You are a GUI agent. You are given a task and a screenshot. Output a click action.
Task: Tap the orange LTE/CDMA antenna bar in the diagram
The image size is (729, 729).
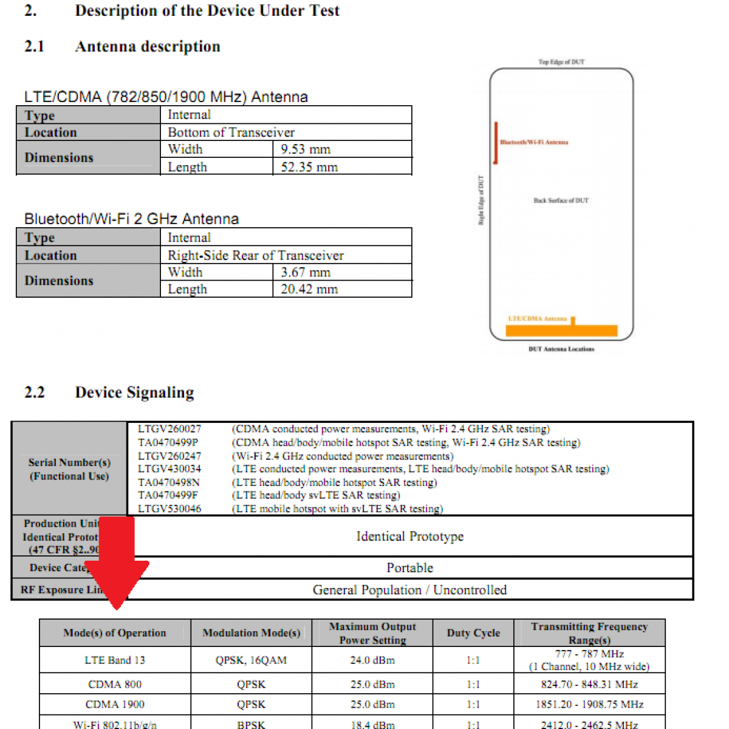click(561, 330)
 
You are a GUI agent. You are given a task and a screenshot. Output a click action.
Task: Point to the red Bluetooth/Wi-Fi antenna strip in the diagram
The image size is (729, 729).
click(496, 143)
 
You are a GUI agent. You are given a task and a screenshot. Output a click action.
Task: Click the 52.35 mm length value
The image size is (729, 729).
click(309, 167)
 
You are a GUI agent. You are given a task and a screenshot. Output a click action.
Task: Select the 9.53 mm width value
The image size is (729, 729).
click(306, 149)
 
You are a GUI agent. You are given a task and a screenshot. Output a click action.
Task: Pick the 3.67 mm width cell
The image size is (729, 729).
click(306, 272)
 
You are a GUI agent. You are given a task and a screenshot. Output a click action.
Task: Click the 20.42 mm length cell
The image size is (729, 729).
click(309, 289)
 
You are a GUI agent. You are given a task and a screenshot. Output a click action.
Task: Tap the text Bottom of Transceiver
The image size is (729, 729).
click(231, 132)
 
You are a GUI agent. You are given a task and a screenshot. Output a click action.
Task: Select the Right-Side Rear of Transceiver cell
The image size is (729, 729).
click(255, 255)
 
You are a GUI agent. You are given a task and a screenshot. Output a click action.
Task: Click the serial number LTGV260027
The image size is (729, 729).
click(169, 429)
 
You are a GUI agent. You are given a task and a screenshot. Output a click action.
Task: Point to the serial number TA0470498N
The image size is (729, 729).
click(169, 482)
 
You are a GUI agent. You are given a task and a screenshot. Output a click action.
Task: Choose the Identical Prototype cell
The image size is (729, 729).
click(410, 536)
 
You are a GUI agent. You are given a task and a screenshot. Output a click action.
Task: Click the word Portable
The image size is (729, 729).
click(410, 568)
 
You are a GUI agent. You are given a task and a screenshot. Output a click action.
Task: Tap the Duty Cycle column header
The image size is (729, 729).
click(473, 633)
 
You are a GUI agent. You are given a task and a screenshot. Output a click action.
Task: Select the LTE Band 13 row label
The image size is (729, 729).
click(115, 660)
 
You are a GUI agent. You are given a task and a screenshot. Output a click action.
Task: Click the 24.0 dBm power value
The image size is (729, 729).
click(372, 660)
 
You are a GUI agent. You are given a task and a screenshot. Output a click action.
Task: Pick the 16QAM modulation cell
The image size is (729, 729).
click(251, 660)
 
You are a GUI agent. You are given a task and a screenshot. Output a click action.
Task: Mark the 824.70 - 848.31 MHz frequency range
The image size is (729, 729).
click(589, 685)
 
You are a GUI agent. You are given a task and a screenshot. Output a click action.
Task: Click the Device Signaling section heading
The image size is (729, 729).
click(134, 392)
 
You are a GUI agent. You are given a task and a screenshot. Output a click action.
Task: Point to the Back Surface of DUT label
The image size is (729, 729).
click(561, 200)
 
